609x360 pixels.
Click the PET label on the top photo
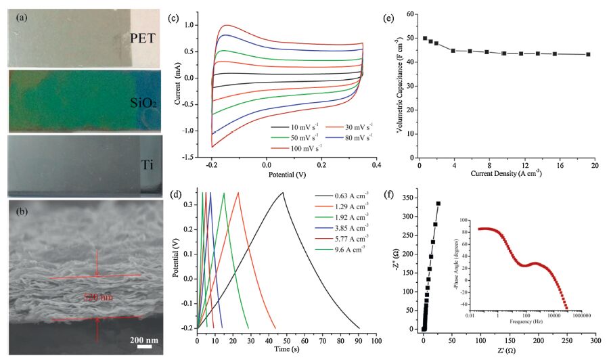[144, 38]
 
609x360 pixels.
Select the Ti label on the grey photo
[149, 165]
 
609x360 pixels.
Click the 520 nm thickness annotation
[99, 296]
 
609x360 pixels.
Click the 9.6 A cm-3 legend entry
[340, 248]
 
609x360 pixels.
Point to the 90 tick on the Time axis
[359, 339]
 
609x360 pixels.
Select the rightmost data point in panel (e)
[588, 55]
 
